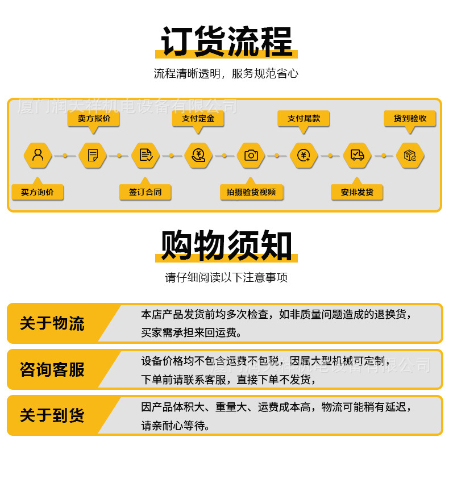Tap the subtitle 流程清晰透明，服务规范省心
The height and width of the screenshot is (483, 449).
point(226,73)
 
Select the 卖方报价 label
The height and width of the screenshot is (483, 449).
point(94,119)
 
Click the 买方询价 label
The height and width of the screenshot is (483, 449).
point(38,192)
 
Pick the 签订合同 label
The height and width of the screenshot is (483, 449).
point(145,192)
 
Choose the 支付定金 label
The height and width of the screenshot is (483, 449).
point(198,119)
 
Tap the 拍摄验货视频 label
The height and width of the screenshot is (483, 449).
point(251,192)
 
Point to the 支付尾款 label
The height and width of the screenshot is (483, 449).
point(304,119)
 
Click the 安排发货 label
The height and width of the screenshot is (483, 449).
point(357,192)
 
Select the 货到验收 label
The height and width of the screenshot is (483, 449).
point(410,119)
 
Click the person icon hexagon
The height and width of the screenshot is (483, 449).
point(38,155)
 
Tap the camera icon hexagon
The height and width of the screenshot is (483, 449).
point(251,155)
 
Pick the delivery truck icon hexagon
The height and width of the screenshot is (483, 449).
point(357,155)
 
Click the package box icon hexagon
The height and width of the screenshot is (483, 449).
point(410,155)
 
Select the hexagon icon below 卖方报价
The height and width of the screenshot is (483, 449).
point(93,155)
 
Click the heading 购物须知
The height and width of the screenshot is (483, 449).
point(226,246)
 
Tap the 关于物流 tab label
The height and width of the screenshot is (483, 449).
point(52,323)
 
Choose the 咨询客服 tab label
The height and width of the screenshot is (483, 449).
point(52,369)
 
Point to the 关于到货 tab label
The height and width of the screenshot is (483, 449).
point(52,415)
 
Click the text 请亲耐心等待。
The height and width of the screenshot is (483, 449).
point(176,425)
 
